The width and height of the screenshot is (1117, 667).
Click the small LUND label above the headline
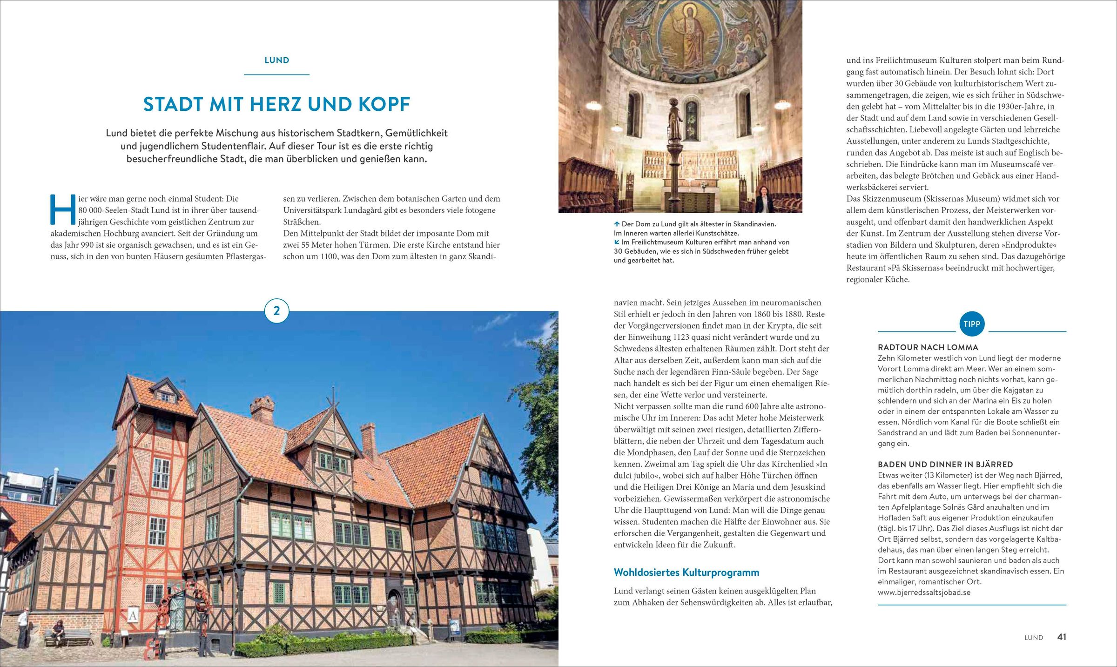tap(276, 60)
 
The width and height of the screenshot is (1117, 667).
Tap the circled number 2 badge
tap(276, 311)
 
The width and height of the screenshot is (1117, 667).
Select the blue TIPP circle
tap(972, 324)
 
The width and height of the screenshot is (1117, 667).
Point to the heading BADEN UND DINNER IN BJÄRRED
tap(945, 464)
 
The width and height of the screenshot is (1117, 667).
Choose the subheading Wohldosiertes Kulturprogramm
tap(686, 572)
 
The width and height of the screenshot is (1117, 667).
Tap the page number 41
tap(1062, 637)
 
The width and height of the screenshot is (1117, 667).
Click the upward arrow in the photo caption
tap(617, 224)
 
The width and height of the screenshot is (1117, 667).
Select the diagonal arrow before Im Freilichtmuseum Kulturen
tap(617, 242)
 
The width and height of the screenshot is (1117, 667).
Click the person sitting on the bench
tap(58, 631)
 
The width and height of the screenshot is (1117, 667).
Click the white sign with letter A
tap(133, 616)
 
